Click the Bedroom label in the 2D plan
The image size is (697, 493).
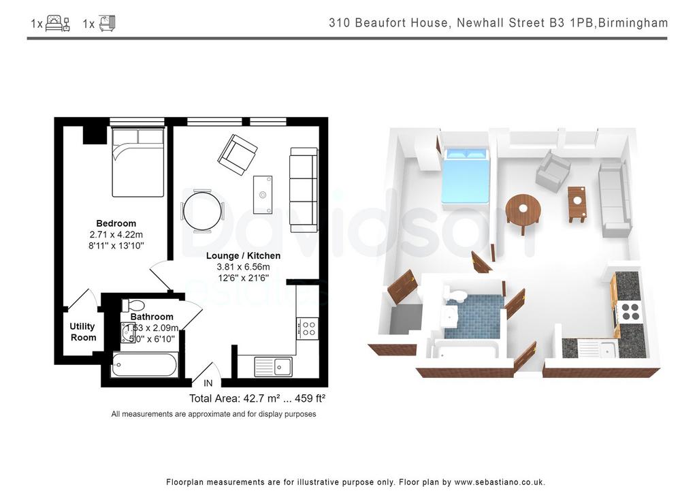click(116, 223)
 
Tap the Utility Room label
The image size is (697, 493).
click(82, 332)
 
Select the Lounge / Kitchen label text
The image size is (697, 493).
click(243, 255)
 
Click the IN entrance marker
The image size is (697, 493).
click(208, 383)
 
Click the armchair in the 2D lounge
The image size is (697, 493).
click(238, 155)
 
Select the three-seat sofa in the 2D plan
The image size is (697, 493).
click(304, 190)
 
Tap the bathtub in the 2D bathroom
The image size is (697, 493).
click(144, 365)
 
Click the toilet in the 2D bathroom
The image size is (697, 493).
click(133, 306)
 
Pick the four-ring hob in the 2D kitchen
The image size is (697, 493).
click(308, 329)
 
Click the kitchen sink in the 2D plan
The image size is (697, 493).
click(273, 367)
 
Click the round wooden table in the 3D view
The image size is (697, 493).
click(523, 210)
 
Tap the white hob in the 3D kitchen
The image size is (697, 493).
click(630, 311)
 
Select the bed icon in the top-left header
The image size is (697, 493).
click(58, 23)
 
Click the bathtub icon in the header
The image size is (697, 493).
click(107, 23)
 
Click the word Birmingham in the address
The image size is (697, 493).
click(633, 22)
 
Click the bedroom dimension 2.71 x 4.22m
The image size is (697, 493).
click(116, 234)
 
